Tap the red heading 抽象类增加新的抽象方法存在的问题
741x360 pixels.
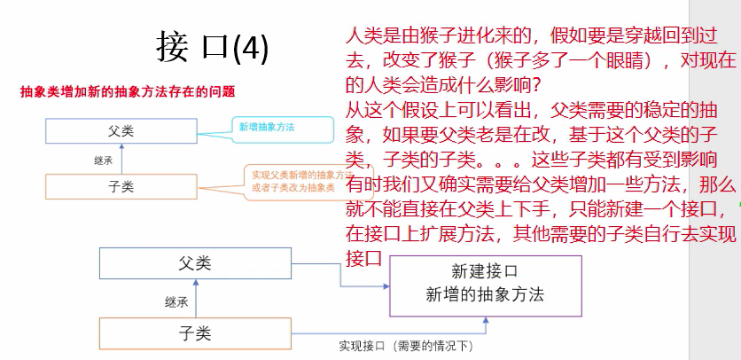tap(128, 91)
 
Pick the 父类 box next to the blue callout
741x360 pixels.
tap(121, 131)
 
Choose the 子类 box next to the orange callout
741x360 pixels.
tap(121, 186)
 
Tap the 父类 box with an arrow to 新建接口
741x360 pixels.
tap(194, 262)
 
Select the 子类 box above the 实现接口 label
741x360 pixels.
tap(194, 333)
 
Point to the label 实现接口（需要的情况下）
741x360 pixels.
tap(402, 345)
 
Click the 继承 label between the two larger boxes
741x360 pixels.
tap(176, 301)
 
